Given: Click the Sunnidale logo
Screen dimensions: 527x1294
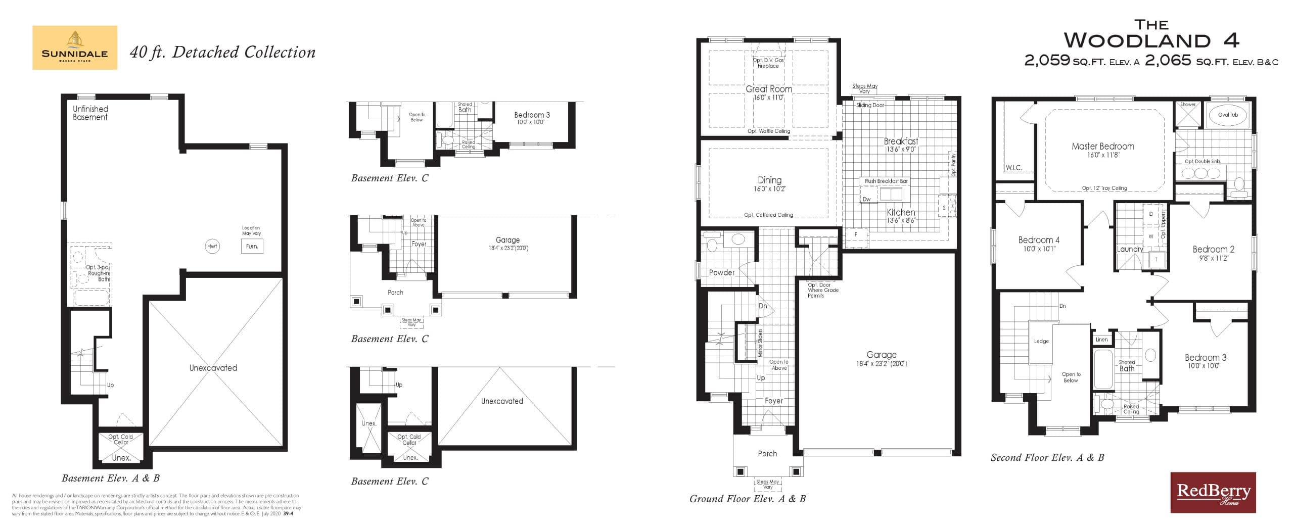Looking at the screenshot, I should click(75, 47).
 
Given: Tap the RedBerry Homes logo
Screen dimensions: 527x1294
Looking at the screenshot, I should click(1213, 492).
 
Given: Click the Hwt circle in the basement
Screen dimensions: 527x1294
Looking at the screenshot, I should click(212, 247).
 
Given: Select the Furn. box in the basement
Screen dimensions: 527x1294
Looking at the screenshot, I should click(252, 247).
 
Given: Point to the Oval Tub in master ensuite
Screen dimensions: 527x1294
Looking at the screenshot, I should click(1228, 115).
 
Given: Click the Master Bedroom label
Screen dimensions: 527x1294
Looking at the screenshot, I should click(1102, 147).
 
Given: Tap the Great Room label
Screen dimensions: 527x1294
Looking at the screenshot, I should click(768, 89).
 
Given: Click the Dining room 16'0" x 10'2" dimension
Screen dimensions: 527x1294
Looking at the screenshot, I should click(769, 189).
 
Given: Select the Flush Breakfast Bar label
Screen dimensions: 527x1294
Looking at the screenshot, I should click(886, 181).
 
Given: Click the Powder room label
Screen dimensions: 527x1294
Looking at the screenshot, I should click(721, 272).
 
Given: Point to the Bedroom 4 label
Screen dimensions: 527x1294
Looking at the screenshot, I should click(1038, 240).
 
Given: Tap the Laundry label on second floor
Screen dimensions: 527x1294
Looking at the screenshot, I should click(1129, 249).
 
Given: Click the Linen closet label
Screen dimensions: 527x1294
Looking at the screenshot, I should click(1101, 340).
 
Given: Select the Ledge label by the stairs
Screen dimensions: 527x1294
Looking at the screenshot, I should click(1041, 341).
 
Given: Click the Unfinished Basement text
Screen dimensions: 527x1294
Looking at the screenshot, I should click(90, 113).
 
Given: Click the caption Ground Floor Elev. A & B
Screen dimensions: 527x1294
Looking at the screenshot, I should click(747, 499).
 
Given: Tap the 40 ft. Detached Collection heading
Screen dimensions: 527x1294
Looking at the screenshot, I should click(222, 53).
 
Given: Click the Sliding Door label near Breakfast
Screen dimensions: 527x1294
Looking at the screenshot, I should click(870, 105).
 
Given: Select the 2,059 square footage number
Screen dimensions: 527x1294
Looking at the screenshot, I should click(1047, 61).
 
